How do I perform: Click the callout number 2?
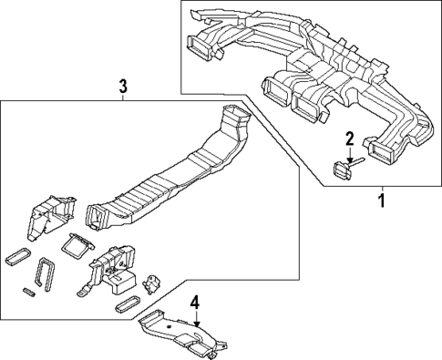click(348, 138)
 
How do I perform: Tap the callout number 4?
click(193, 301)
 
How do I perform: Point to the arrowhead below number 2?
click(348, 155)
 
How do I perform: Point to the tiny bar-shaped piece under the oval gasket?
click(30, 293)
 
